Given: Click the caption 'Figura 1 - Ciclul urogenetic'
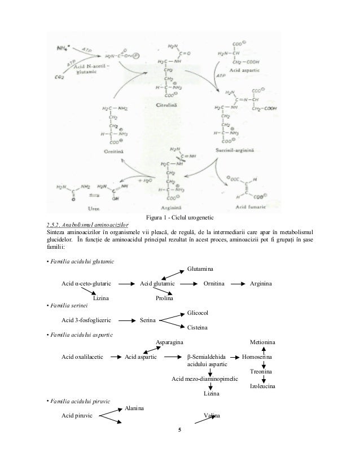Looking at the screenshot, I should click(180, 217).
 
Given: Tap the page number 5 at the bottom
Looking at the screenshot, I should click(180, 432).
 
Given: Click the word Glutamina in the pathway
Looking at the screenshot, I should click(200, 270).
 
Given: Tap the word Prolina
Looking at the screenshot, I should click(165, 297).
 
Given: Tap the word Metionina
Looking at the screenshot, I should click(263, 342).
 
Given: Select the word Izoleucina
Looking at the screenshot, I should click(262, 386).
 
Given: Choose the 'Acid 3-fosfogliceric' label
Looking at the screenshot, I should click(86, 320).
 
